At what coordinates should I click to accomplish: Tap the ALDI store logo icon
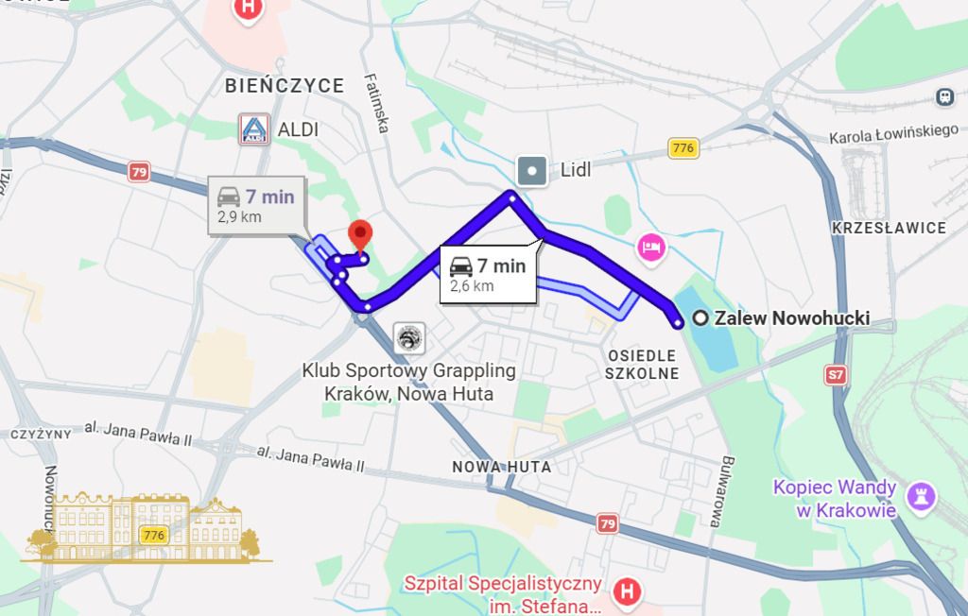(253, 129)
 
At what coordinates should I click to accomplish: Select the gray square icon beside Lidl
(532, 171)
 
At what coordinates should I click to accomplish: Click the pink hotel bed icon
(652, 248)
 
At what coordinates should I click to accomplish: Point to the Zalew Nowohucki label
(791, 318)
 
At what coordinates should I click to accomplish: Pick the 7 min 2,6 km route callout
(487, 274)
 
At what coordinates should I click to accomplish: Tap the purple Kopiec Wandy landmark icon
(921, 494)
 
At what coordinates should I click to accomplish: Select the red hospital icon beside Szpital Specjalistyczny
(624, 592)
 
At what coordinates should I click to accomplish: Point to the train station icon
(944, 96)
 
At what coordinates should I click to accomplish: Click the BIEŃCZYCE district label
(285, 86)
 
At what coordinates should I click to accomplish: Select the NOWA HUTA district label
(501, 467)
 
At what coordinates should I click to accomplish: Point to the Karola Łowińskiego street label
(893, 134)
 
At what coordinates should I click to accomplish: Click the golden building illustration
(147, 527)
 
